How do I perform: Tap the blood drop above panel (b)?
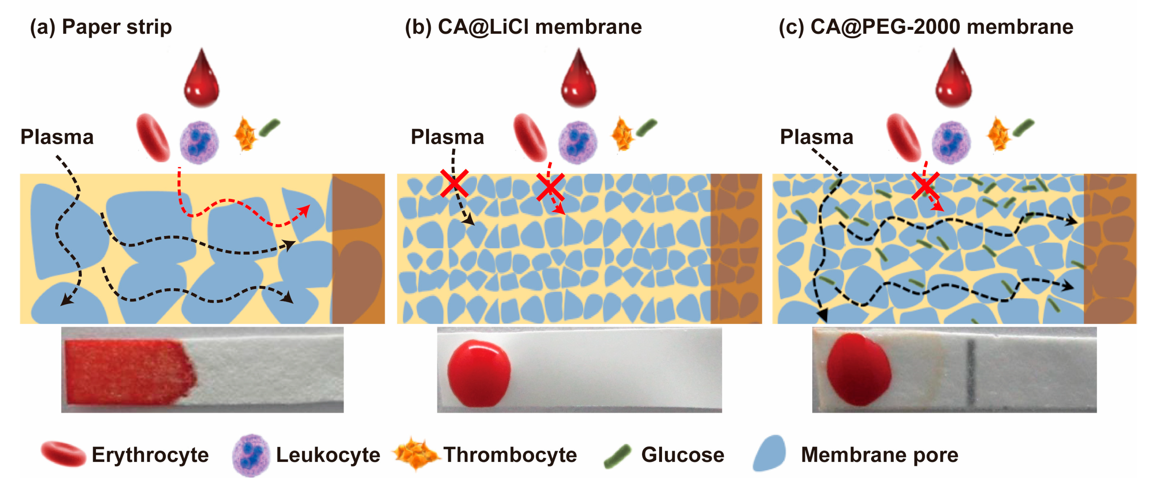coord(579,80)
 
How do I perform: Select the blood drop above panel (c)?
coord(953,80)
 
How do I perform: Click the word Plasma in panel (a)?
coord(57,137)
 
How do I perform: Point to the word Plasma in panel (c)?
coord(817,137)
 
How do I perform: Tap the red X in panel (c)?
coord(925,186)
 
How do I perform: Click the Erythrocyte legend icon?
coord(63,454)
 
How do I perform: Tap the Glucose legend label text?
coord(683,455)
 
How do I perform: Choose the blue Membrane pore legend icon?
coord(769,453)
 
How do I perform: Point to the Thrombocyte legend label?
coord(510,455)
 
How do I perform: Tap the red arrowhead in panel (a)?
coord(305,211)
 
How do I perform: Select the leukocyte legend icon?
coord(251,455)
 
